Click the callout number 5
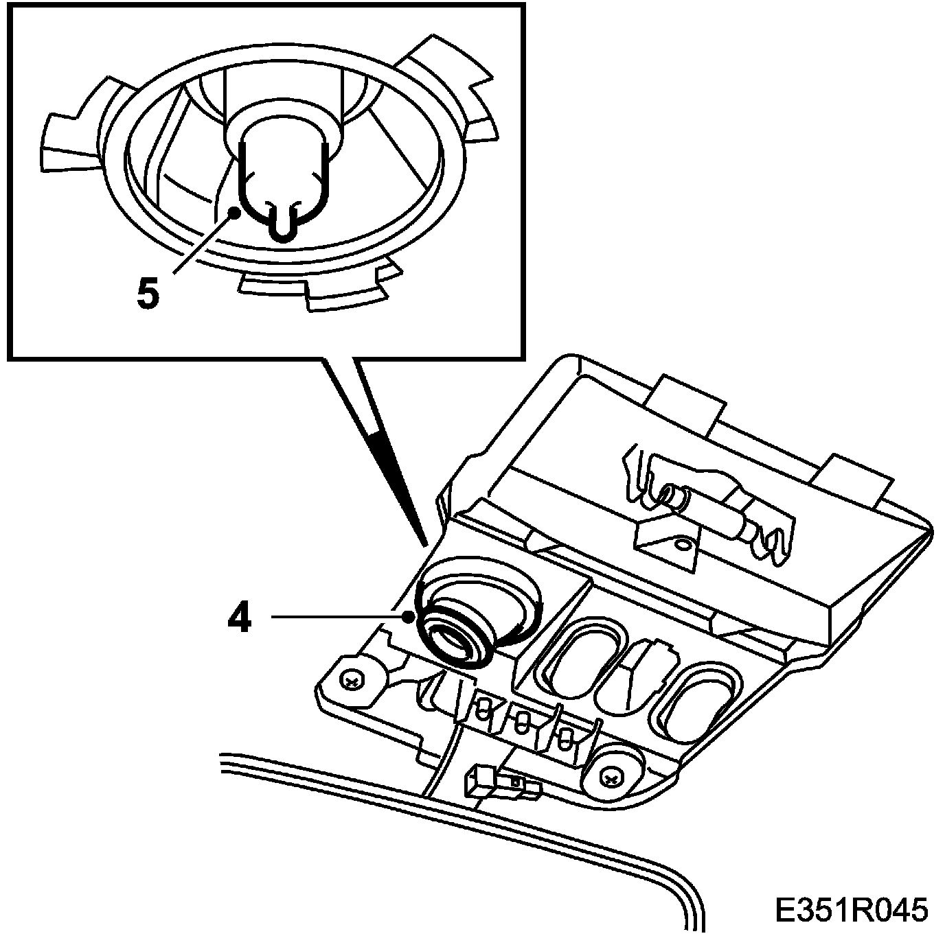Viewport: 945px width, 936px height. point(148,294)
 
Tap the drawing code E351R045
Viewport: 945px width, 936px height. point(851,911)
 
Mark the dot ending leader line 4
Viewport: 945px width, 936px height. point(411,616)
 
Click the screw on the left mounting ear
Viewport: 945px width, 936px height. point(353,681)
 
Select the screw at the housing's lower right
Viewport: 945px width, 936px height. point(610,776)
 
